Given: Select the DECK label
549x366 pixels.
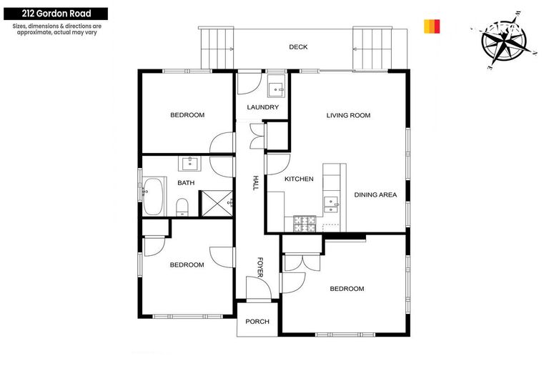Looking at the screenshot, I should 298,47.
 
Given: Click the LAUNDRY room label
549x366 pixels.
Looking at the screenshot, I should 262,107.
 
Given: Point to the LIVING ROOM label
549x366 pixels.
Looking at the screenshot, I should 348,115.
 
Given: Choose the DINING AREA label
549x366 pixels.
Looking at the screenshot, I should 375,194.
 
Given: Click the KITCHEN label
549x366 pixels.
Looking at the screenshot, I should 299,179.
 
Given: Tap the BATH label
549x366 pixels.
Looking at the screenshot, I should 186,183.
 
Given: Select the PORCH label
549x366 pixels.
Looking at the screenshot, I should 257,322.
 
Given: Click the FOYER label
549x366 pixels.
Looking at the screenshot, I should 261,267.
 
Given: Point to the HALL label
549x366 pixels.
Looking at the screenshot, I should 254,183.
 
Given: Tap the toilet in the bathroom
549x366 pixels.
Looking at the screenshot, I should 182,207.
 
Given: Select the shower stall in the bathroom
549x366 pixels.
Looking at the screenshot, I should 216,203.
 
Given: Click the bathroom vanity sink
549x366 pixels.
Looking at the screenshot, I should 189,164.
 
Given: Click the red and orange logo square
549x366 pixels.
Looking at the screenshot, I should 432,26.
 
